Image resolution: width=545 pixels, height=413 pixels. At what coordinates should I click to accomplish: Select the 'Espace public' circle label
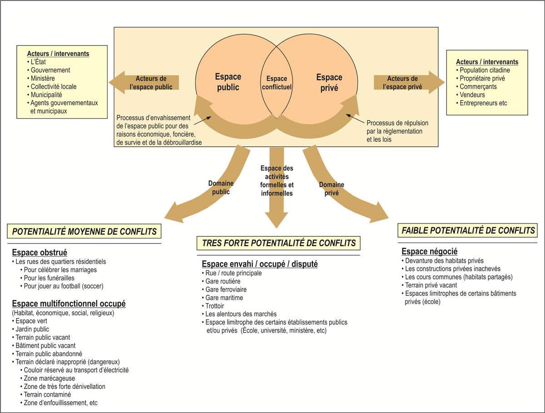228,82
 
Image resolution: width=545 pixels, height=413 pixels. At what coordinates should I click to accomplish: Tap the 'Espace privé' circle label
329,83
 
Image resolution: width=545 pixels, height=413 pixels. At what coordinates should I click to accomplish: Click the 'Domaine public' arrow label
221,188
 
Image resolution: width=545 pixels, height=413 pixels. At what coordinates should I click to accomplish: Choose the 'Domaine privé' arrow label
332,189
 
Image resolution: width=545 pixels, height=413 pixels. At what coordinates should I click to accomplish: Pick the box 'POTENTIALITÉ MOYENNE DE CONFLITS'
84,232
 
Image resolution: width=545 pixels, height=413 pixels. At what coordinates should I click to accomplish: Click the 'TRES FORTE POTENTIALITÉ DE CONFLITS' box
279,243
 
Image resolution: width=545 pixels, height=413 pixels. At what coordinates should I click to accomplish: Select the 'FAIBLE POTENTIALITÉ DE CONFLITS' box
468,230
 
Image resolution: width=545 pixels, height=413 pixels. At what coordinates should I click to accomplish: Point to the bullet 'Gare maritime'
224,298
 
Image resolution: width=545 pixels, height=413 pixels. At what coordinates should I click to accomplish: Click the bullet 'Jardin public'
32,329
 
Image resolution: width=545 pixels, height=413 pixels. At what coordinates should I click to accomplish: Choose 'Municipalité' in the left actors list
46,95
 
